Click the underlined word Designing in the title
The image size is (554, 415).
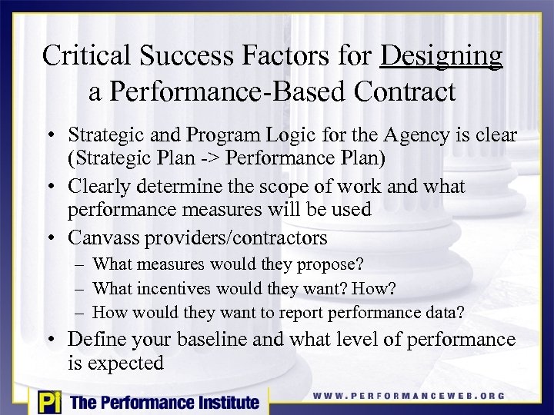442,57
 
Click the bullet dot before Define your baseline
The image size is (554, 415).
57,340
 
